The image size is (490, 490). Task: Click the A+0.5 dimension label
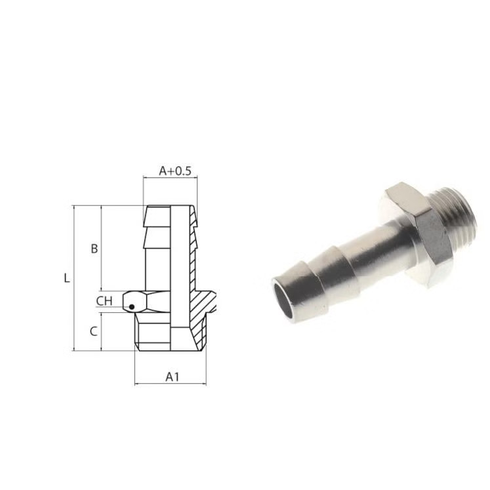[174, 171]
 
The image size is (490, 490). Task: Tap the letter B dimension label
[94, 249]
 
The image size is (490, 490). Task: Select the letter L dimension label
[67, 278]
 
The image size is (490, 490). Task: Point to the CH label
[104, 301]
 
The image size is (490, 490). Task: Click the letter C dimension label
[94, 331]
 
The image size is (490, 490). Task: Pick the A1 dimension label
[172, 377]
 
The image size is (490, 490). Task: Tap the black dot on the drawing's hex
[132, 307]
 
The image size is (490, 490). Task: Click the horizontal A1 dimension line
[171, 384]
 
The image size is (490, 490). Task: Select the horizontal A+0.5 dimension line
[171, 178]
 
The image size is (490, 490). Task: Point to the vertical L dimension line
[74, 278]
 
